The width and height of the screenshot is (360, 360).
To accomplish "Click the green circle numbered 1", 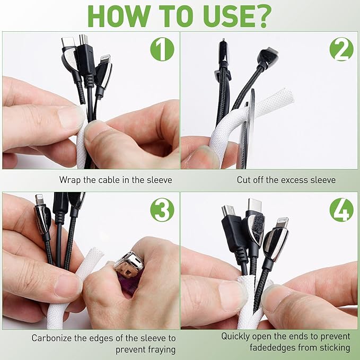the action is pos(162,49).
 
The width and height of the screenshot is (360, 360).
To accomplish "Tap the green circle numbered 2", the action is pos(341,49).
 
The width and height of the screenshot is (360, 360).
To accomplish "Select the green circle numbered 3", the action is pos(162,209).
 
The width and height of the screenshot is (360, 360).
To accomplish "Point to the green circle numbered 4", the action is pos(341,209).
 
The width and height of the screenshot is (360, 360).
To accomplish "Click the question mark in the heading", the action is pos(263,16).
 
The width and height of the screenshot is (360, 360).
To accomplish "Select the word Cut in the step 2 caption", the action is pos(243,180).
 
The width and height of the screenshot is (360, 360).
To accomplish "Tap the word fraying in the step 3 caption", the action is pos(162,350).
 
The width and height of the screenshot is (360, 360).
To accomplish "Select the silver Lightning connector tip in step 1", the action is pos(105,59).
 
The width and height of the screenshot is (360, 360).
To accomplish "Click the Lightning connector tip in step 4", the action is pos(283,222).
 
